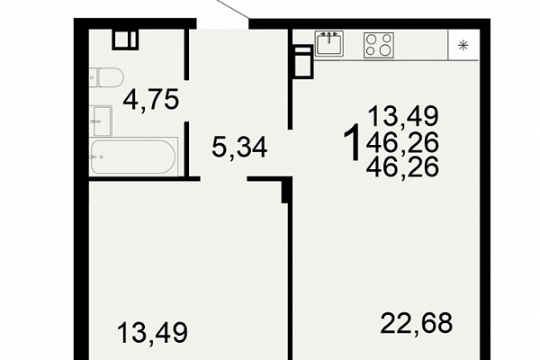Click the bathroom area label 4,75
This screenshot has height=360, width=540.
[x=151, y=100]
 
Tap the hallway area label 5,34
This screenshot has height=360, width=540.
[x=239, y=148]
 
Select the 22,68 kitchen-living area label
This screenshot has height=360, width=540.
[x=416, y=323]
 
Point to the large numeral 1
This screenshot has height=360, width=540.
[x=352, y=142]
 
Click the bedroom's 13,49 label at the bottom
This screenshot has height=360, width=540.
[x=152, y=332]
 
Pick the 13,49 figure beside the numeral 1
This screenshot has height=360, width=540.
[x=403, y=116]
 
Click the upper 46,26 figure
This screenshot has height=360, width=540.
[x=402, y=142]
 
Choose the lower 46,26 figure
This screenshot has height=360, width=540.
[x=402, y=166]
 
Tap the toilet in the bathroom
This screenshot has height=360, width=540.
[x=106, y=78]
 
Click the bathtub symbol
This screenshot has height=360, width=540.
[x=133, y=157]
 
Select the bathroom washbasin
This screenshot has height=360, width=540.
[x=101, y=121]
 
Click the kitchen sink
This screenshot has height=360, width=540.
[x=328, y=43]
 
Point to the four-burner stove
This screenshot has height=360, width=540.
[x=379, y=45]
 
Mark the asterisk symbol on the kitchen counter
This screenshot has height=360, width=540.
[x=463, y=45]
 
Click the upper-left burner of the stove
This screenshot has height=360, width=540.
[x=371, y=40]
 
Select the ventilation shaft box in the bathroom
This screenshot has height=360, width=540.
[x=125, y=40]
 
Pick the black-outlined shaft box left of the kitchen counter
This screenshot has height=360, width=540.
[x=303, y=62]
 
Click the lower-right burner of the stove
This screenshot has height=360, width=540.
[x=386, y=50]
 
